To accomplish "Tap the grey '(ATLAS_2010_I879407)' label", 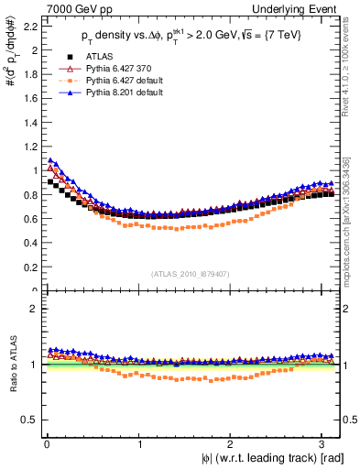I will [191, 273].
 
